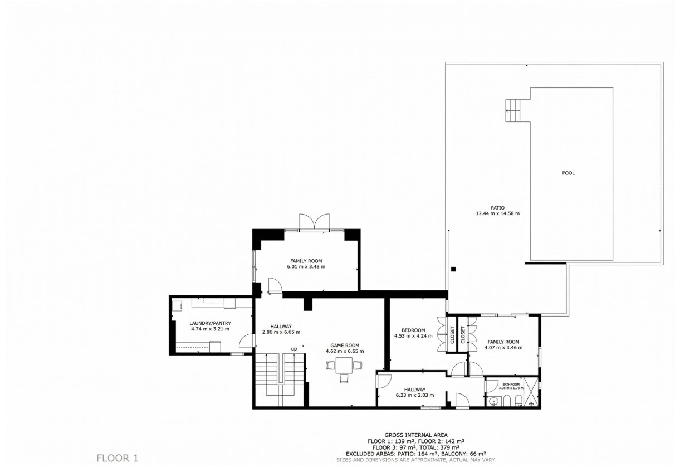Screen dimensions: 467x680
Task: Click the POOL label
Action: (568, 173)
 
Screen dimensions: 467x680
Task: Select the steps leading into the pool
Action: (516, 110)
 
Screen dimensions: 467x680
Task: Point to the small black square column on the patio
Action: (453, 269)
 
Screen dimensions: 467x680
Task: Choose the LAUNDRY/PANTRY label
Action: (210, 323)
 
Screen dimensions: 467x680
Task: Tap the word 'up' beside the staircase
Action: (293, 349)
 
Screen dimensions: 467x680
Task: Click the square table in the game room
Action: (344, 366)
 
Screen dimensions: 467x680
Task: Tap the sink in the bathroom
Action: (492, 401)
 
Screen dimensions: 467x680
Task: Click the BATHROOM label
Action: (511, 384)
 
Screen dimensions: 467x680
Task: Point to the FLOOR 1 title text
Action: (117, 458)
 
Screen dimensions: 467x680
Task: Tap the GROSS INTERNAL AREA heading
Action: (415, 435)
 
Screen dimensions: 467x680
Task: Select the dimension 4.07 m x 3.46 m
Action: (503, 348)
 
